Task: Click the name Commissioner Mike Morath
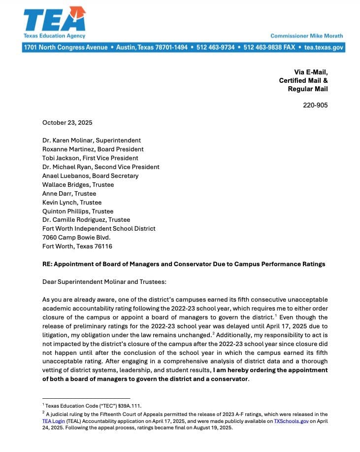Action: [306, 36]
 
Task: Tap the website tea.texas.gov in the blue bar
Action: [324, 47]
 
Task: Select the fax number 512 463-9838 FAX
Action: [268, 47]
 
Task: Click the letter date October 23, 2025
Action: [67, 123]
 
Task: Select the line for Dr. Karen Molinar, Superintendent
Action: [92, 140]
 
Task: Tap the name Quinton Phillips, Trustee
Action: [78, 211]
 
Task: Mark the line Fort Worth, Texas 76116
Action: [77, 246]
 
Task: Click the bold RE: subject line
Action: [184, 264]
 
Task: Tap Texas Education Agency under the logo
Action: [54, 36]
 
